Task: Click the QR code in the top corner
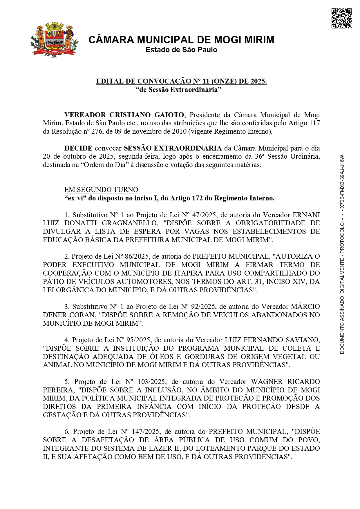[341, 18]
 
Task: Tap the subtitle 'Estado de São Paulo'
[181, 50]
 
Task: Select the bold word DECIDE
[78, 148]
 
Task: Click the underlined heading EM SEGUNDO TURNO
[101, 190]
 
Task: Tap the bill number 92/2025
[203, 307]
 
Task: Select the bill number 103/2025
[154, 382]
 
